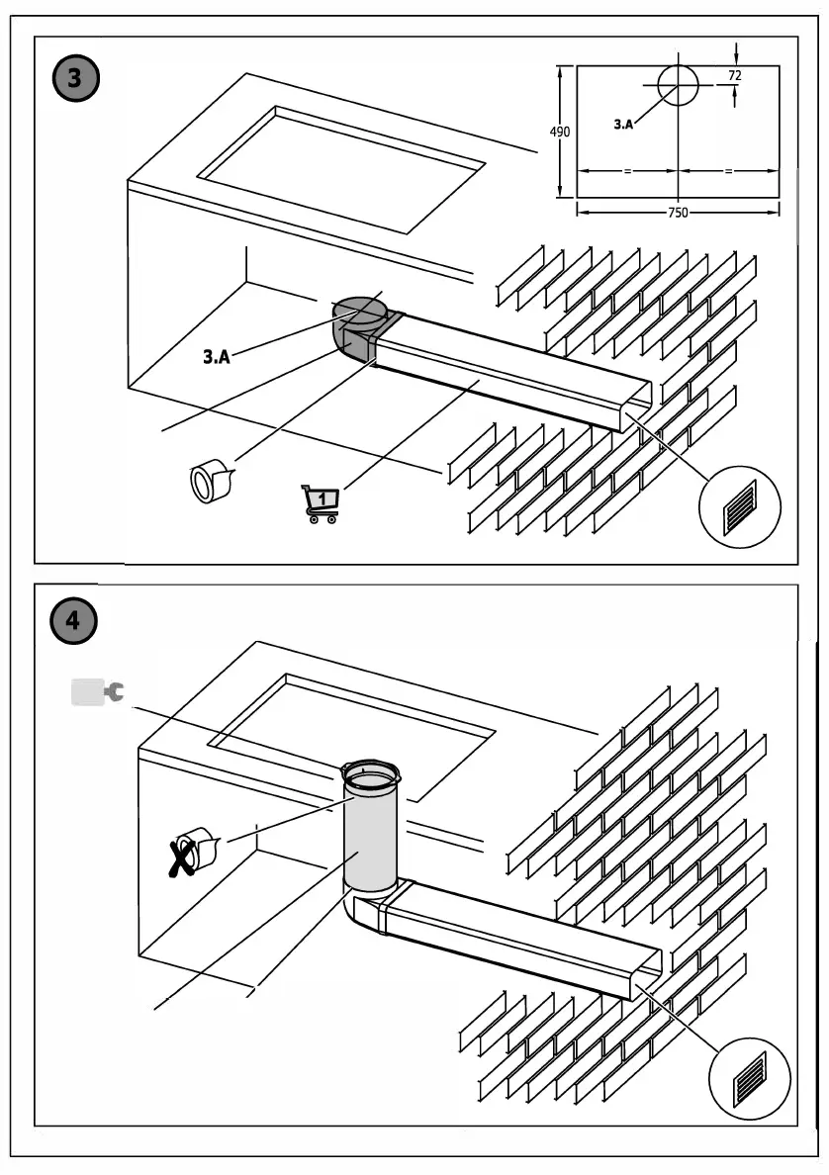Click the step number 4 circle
pos(74,621)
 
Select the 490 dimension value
pos(560,132)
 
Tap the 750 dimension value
pos(677,212)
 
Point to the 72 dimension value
pos(735,75)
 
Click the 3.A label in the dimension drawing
pos(623,125)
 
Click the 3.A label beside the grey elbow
pos(217,357)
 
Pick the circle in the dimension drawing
pos(677,85)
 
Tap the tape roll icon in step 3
pos(209,482)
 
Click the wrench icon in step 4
pos(99,692)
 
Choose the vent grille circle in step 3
pos(739,506)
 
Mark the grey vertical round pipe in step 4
pos(370,831)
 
